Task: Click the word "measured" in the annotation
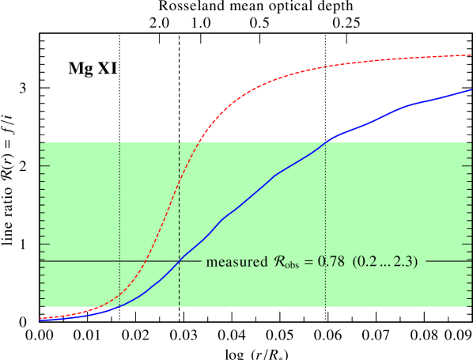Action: (x=234, y=262)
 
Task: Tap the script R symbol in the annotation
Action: (x=278, y=261)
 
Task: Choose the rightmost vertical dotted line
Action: (x=325, y=222)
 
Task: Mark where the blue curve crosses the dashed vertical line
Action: (x=180, y=260)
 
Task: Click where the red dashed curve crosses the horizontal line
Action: (x=146, y=260)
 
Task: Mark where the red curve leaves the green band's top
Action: (x=200, y=142)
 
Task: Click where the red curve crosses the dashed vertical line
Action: (x=180, y=182)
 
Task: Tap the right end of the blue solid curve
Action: (x=471, y=89)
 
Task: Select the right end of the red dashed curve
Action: (x=471, y=55)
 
